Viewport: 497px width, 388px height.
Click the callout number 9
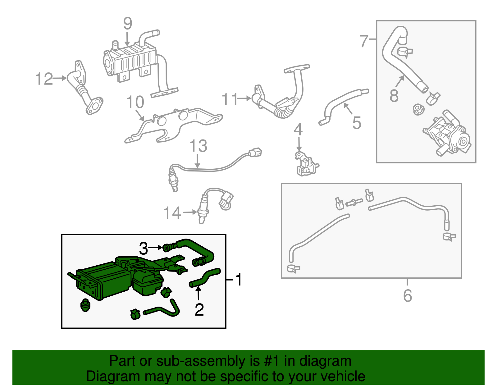coord(128,24)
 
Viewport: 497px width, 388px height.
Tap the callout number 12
coord(44,79)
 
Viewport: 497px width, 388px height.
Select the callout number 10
coord(135,102)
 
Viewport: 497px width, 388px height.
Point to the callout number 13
coord(198,146)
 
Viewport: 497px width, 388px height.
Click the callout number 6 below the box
coord(408,295)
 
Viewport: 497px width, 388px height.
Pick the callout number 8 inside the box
coord(394,95)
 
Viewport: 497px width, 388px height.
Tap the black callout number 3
coord(143,248)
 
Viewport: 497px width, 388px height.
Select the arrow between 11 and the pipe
coord(245,98)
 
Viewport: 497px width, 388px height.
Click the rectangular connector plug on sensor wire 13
coord(255,153)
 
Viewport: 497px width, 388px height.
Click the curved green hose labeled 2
coord(205,277)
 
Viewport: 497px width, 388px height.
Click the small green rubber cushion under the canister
coord(85,305)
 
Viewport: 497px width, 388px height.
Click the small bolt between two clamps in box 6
coord(354,202)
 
